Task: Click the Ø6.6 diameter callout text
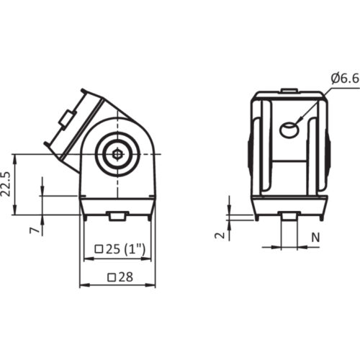[x=343, y=77]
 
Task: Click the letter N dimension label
[x=315, y=235]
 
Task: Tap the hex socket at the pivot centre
[x=116, y=153]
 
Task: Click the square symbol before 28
[x=111, y=276]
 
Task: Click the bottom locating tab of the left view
[x=116, y=215]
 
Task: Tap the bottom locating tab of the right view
[x=289, y=215]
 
